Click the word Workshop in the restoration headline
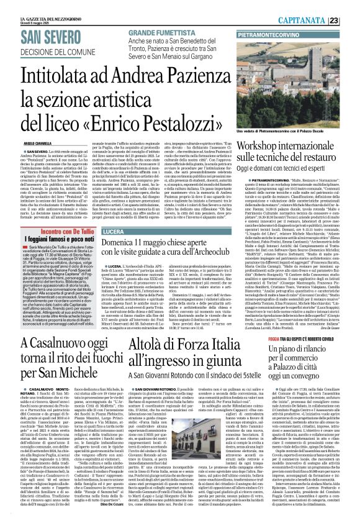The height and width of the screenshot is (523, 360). point(265,143)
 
